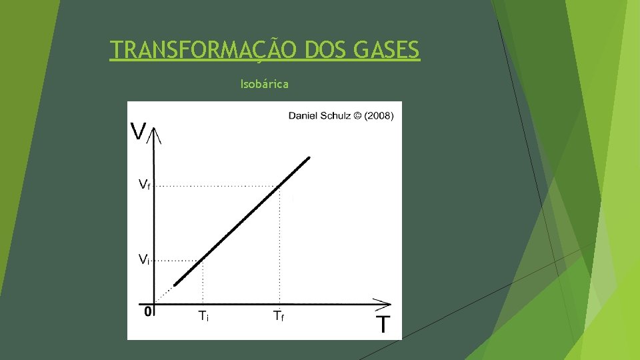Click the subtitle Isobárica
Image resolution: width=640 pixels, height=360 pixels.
click(x=264, y=85)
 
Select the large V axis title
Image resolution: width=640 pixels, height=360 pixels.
click(x=139, y=131)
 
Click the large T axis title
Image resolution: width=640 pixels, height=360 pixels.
click(x=383, y=325)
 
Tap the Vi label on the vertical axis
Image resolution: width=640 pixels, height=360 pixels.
click(x=143, y=259)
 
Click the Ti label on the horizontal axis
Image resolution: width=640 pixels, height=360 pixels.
click(x=203, y=317)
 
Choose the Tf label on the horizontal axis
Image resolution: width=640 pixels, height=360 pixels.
click(x=279, y=317)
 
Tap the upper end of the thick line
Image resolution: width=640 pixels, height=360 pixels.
click(x=308, y=159)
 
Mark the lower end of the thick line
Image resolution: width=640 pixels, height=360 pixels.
click(x=176, y=284)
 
